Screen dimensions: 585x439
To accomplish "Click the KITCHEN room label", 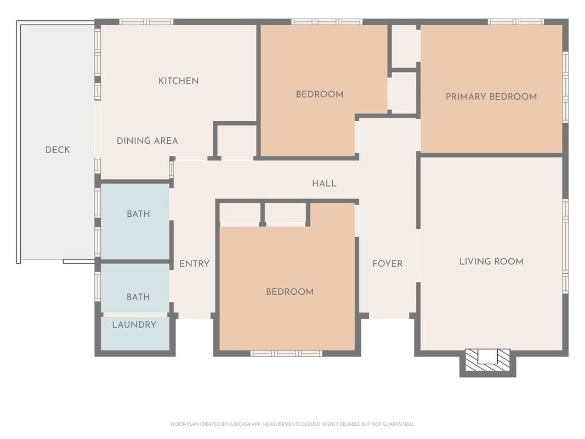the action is [178, 81].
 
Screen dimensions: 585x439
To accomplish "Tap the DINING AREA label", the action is [147, 140].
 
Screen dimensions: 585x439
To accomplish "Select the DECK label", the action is [58, 150].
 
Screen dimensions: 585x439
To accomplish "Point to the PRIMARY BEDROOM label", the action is [491, 97].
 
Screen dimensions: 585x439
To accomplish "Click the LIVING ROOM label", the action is [491, 261].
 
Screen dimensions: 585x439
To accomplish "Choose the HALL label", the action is [324, 183].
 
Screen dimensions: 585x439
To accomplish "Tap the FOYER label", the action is [387, 263].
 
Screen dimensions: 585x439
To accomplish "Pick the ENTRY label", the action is [195, 263].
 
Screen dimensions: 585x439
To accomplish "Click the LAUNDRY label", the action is [134, 324].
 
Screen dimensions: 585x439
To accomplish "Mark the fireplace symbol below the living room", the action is [487, 360].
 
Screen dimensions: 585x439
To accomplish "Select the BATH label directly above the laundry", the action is [138, 297].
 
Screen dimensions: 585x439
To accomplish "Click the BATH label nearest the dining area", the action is [138, 214].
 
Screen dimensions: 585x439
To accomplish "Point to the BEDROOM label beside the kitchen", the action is [320, 94].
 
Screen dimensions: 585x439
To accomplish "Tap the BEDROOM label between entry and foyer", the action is [290, 291].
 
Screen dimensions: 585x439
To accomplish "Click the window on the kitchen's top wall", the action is [146, 21].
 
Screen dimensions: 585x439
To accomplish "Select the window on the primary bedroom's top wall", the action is [515, 21].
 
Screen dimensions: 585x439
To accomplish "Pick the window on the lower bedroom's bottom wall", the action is [286, 353].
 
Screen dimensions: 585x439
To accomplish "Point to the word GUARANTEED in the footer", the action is [400, 424].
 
